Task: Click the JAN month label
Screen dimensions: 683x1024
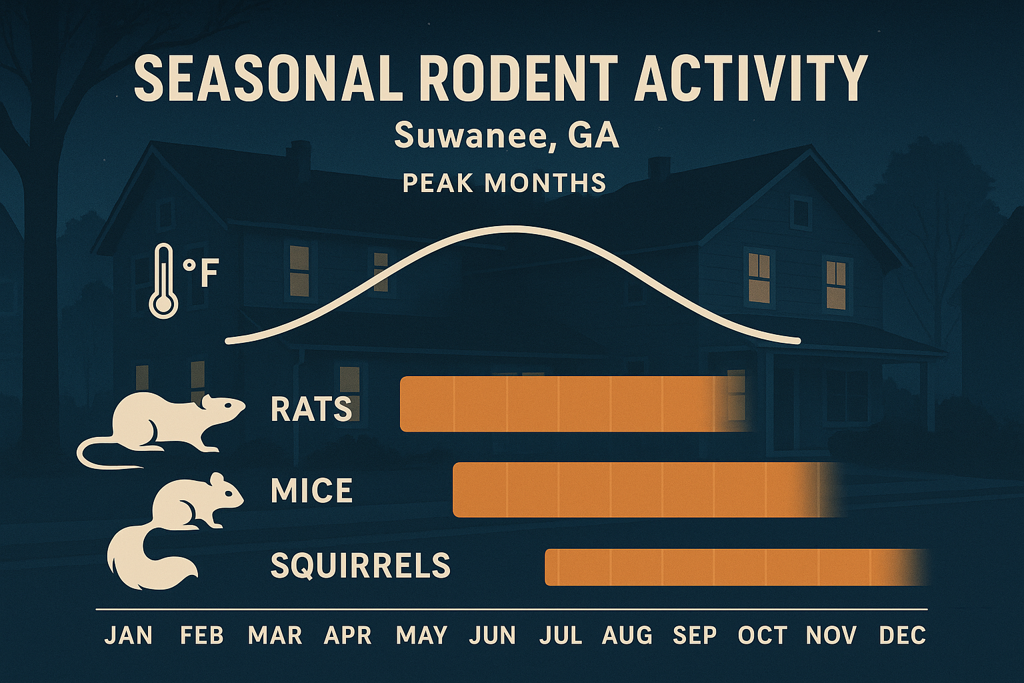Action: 129,636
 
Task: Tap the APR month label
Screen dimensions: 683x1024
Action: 347,636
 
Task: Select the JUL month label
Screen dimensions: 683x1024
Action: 561,636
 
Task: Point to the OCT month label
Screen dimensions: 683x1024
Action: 763,636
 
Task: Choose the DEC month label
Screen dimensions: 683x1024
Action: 903,636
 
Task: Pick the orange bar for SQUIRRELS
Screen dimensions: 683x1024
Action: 727,567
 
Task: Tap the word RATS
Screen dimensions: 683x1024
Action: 311,409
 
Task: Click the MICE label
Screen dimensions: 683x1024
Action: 311,492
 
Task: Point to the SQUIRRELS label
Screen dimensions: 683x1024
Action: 361,566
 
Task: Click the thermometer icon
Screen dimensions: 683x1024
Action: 163,281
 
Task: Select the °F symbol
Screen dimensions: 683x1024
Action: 201,273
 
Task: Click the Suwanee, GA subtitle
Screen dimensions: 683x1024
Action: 507,135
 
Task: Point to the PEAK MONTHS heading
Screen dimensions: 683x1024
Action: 505,183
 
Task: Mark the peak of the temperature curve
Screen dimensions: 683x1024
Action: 513,229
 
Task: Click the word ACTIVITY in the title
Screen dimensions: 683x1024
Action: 751,78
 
